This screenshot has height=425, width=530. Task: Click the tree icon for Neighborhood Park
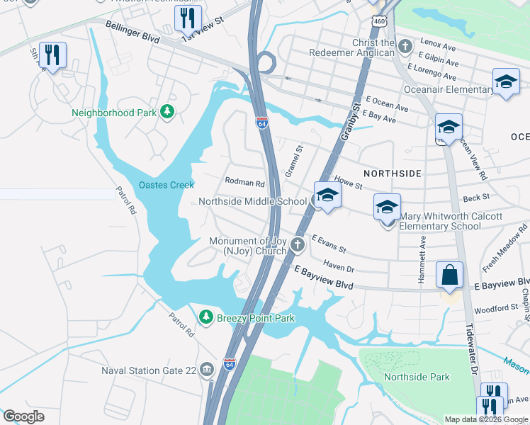pos(167,112)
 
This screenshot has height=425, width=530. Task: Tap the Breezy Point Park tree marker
pos(205,318)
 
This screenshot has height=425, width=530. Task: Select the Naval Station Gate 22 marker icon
pos(206,368)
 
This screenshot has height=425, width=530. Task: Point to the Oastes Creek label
pos(166,185)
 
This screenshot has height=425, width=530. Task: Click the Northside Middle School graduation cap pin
pos(327,196)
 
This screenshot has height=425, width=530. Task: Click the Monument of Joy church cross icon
pos(298,246)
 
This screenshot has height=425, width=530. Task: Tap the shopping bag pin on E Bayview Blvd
pos(450,276)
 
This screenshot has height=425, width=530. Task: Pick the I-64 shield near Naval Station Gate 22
pos(229,363)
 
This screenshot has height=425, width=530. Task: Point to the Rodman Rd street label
pos(244,182)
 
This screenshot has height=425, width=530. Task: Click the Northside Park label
pos(416,377)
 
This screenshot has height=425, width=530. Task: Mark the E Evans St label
pos(328,245)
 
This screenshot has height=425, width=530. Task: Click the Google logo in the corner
pos(23,416)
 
